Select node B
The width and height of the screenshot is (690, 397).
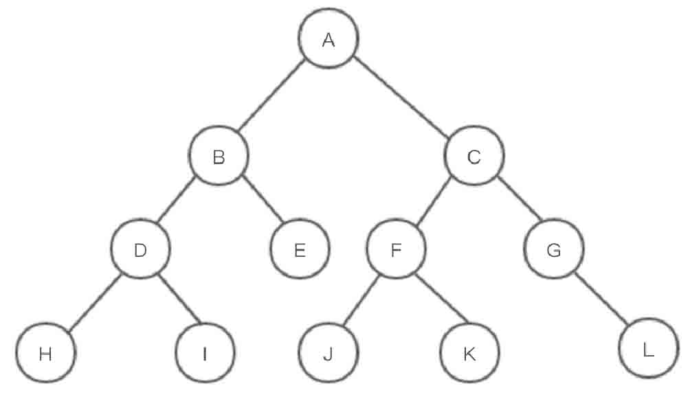219,157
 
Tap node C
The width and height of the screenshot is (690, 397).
474,157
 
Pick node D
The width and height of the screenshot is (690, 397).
141,250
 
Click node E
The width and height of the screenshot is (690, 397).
300,250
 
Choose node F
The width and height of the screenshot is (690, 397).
395,250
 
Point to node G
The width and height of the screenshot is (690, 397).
553,250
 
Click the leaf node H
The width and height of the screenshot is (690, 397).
46,354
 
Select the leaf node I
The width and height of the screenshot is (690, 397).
205,354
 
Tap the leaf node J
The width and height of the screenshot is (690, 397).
328,354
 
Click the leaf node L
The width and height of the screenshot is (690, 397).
647,350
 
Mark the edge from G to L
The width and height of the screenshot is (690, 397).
601,300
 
